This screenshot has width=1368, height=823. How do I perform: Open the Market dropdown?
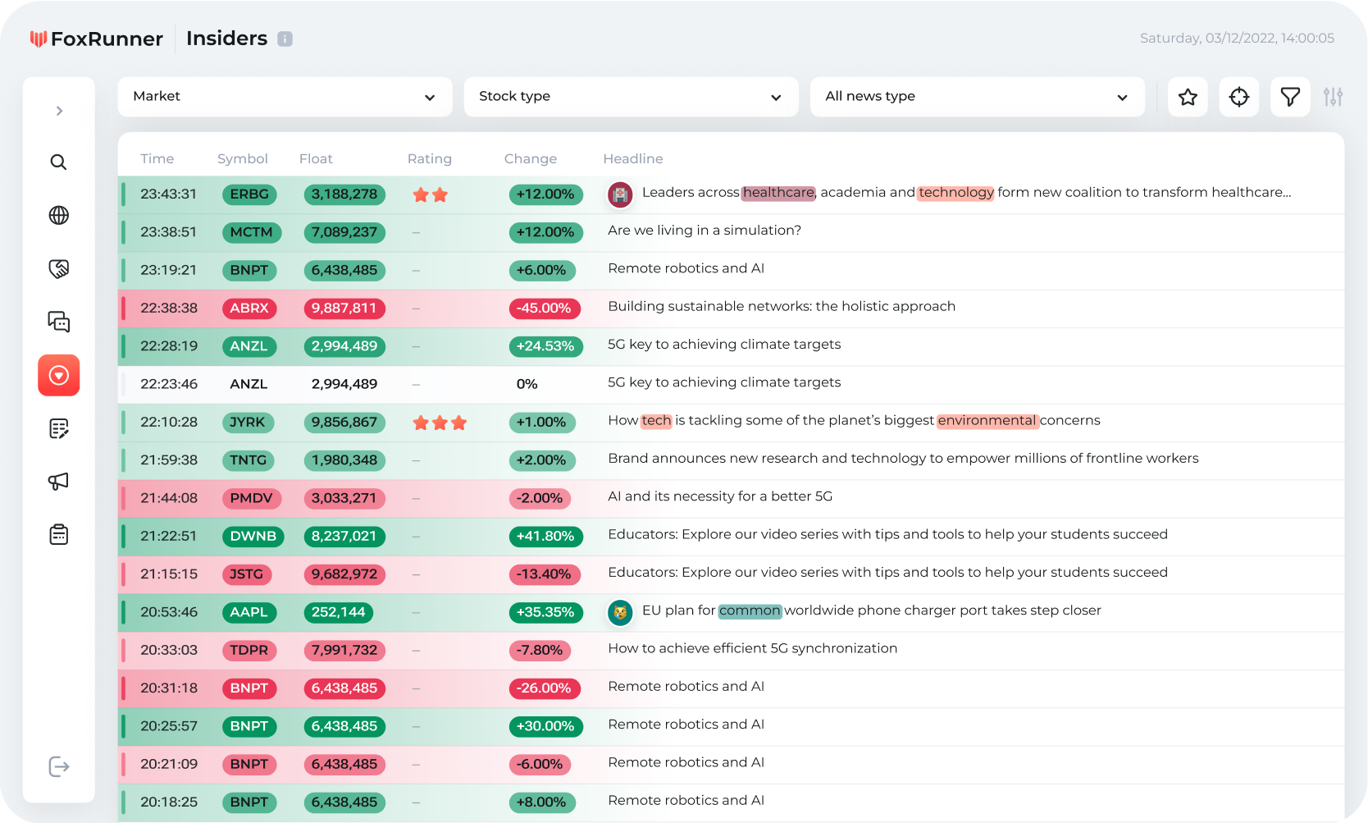tap(285, 97)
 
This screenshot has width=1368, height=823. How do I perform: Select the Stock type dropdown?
tap(631, 97)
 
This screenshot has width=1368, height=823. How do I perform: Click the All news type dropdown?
tap(977, 97)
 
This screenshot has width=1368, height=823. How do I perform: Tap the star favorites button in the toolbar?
tap(1188, 97)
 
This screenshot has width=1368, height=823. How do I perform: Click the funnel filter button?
tap(1290, 97)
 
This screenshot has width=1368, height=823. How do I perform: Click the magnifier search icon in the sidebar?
tap(58, 162)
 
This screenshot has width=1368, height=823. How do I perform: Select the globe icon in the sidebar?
tap(58, 215)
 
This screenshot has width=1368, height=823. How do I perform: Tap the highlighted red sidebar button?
tap(58, 375)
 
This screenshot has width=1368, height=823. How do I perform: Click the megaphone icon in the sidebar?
tap(58, 482)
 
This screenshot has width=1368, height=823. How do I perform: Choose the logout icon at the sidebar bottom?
tap(59, 766)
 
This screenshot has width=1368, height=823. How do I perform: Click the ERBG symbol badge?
tap(249, 194)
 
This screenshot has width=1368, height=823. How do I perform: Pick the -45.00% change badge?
tap(545, 309)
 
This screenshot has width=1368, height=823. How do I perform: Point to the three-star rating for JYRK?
tap(440, 423)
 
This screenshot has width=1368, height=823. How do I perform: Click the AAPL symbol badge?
tap(249, 612)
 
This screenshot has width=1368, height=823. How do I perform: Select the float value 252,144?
tap(338, 612)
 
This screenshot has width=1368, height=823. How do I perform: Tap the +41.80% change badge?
tap(545, 537)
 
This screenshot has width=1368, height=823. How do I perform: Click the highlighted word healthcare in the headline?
tap(778, 193)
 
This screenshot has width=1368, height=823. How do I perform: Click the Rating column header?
tap(429, 159)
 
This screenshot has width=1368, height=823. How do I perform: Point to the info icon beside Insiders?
tap(285, 39)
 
